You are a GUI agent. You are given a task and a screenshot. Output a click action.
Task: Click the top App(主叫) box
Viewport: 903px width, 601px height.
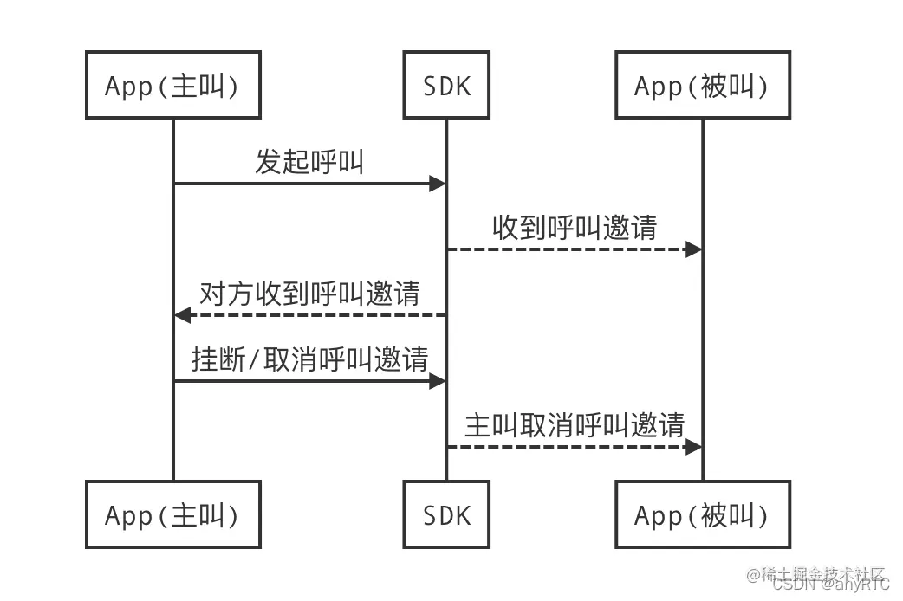coord(172,85)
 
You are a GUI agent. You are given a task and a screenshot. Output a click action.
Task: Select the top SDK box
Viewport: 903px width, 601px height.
coord(446,85)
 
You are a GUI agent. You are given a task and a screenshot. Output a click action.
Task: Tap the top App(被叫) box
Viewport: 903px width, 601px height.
coord(701,85)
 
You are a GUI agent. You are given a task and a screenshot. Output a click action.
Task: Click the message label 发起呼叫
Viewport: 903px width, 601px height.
coord(309,162)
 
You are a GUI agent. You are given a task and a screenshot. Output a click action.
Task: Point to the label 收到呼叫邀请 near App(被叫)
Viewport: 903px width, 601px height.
coord(575,228)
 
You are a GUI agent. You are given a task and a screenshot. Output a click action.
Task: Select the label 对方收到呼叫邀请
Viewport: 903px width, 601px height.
coord(309,294)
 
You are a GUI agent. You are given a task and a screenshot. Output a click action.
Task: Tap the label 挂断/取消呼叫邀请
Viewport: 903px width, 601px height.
coord(309,359)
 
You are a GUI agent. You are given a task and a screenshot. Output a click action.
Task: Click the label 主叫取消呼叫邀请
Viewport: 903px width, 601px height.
coord(575,425)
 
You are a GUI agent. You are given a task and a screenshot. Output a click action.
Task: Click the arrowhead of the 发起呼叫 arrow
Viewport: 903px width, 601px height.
coord(438,184)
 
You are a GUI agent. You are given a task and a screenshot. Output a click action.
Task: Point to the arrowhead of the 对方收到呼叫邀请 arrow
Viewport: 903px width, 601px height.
coord(182,315)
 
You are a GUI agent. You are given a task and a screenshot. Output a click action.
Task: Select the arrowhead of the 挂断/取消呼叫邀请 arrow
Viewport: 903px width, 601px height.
coord(438,381)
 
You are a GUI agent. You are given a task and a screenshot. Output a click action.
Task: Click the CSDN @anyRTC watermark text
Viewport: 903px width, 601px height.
coord(830,585)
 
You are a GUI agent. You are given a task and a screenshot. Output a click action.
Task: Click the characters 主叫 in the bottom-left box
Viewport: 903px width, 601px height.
coord(202,515)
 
